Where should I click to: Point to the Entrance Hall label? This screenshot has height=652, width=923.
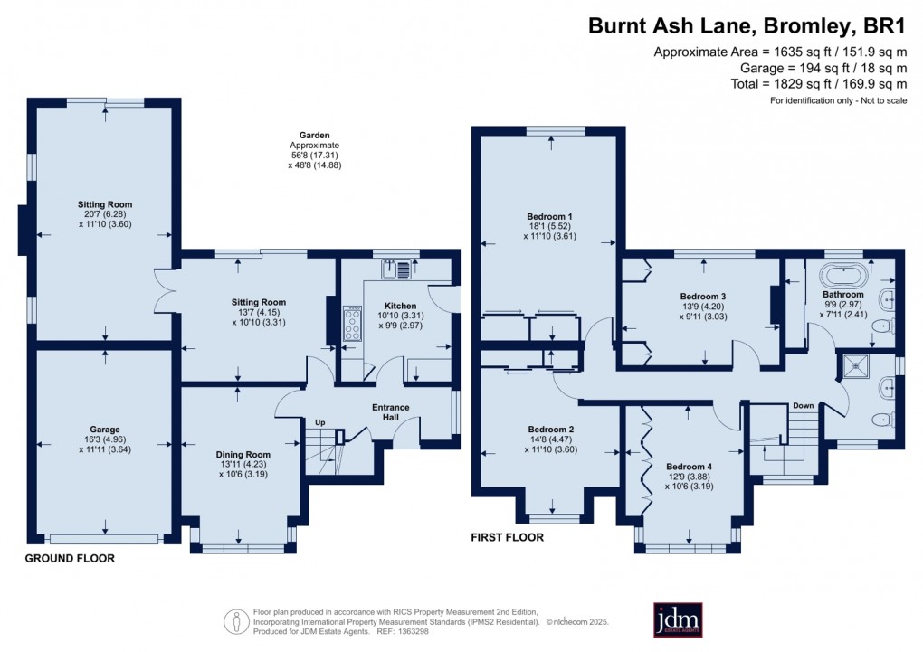391,412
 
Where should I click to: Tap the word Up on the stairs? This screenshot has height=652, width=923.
319,422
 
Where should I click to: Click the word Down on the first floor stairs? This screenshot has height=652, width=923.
804,406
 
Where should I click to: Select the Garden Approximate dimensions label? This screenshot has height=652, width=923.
315,149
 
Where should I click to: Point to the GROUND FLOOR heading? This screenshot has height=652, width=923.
70,558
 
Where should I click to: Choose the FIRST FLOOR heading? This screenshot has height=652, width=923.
507,537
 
